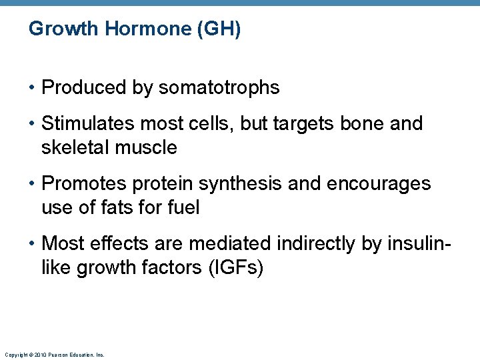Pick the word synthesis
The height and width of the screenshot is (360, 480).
click(237, 184)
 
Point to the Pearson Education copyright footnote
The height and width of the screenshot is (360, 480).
click(54, 355)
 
